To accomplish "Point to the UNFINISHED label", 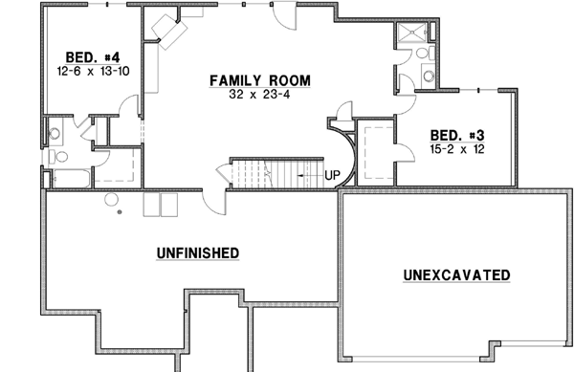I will tap(197, 252).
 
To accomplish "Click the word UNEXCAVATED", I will tap(455, 275).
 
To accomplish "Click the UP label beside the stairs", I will tap(333, 175).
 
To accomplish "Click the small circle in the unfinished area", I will tap(110, 199).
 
